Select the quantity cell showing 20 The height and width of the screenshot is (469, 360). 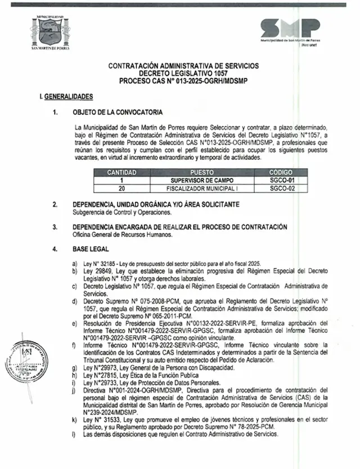coord(122,188)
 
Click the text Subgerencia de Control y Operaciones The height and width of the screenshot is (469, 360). coord(121,212)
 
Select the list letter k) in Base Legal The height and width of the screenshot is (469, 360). coord(74,420)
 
